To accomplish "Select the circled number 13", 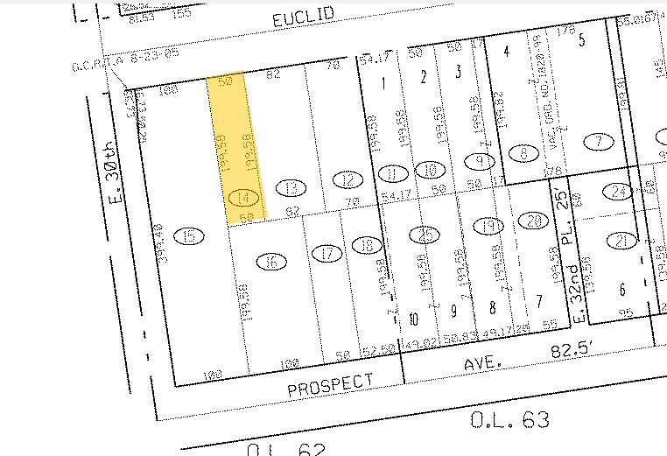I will click(x=288, y=186).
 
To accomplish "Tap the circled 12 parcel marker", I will click(x=348, y=181).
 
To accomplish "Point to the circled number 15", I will click(x=189, y=235).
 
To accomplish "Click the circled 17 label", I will click(x=326, y=254).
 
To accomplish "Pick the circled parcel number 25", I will click(x=426, y=234).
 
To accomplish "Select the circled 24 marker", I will click(x=621, y=191).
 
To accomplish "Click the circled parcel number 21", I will click(x=623, y=241).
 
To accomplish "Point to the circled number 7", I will click(x=600, y=140).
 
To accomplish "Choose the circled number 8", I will click(x=524, y=151).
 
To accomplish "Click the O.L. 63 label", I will click(x=510, y=420).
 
